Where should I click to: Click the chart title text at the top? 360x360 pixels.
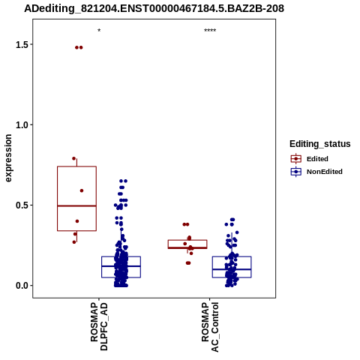click(154, 8)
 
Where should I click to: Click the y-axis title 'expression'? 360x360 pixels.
click(8, 158)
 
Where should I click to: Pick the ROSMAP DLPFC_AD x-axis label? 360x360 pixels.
click(99, 326)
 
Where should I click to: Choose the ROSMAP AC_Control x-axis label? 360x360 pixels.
click(210, 327)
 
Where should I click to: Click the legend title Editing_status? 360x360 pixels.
click(320, 144)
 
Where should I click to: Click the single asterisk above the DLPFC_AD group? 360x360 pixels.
click(99, 31)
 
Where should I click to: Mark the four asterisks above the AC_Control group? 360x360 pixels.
click(210, 31)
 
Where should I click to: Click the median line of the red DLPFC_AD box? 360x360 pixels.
click(76, 205)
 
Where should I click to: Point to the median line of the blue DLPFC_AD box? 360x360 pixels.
click(121, 266)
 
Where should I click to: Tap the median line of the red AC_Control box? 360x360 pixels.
click(187, 247)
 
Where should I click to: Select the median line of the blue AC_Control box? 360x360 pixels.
click(232, 269)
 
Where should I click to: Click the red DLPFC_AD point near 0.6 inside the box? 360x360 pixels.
click(82, 190)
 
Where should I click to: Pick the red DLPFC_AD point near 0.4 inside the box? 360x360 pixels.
click(77, 221)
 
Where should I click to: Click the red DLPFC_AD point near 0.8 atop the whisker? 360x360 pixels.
click(73, 158)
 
